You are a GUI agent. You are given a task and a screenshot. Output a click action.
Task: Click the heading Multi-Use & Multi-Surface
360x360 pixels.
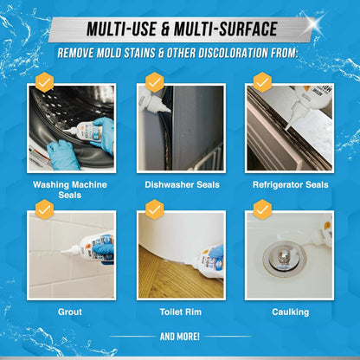click(180, 29)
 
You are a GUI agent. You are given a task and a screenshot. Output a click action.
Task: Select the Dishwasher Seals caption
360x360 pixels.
click(181, 183)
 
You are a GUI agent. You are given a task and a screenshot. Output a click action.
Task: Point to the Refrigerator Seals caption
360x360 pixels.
click(291, 183)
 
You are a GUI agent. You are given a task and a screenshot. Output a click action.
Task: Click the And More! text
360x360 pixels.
click(180, 336)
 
